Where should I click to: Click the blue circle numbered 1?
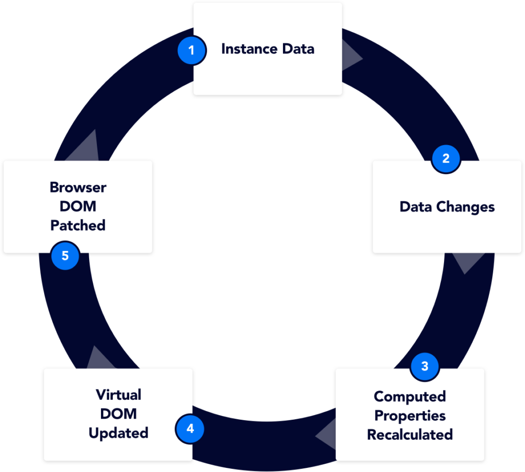(x=192, y=51)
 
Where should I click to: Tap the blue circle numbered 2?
(x=446, y=158)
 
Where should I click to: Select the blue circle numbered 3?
(x=425, y=366)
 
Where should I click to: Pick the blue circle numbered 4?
(x=190, y=428)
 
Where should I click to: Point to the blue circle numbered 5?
(x=65, y=255)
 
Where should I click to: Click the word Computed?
(x=410, y=397)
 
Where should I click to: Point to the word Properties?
(x=410, y=416)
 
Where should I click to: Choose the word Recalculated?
(x=410, y=435)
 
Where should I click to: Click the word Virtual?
(x=118, y=395)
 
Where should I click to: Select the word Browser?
(x=78, y=188)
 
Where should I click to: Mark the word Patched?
(x=78, y=225)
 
